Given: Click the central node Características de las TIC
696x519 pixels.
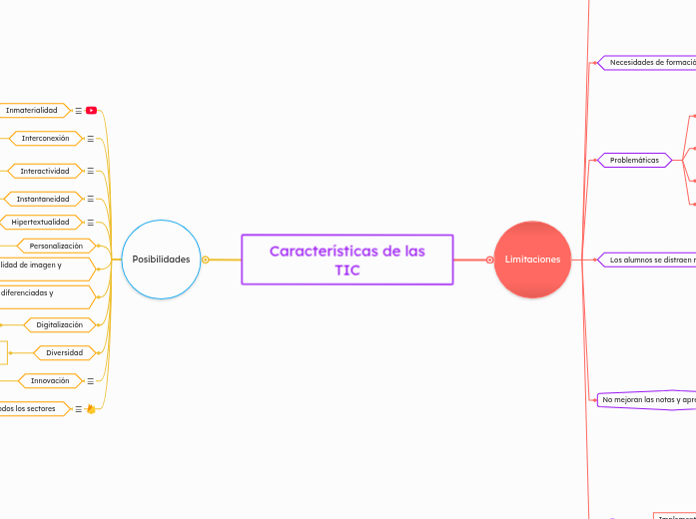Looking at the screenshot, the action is pyautogui.click(x=348, y=259).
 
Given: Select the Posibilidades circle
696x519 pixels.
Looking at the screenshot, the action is pyautogui.click(x=161, y=259).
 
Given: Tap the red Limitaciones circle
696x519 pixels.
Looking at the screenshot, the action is pyautogui.click(x=532, y=259).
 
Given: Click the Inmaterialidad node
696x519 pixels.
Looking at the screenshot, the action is pyautogui.click(x=32, y=110).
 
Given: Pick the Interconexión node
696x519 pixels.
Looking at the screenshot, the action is pyautogui.click(x=46, y=138).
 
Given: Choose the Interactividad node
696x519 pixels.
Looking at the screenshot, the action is pyautogui.click(x=45, y=171).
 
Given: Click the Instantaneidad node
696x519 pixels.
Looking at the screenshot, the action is pyautogui.click(x=43, y=199).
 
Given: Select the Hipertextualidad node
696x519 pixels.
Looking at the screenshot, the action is pyautogui.click(x=40, y=222).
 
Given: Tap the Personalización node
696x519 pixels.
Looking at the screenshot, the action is pyautogui.click(x=56, y=246).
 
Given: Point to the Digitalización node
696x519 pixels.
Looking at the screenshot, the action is pyautogui.click(x=60, y=324).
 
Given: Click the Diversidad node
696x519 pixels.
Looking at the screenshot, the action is pyautogui.click(x=65, y=352).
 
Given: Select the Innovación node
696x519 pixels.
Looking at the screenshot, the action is pyautogui.click(x=50, y=380).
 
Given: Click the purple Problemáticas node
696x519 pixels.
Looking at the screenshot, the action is pyautogui.click(x=634, y=160).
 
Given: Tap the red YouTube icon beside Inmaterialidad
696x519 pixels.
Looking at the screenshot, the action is pyautogui.click(x=91, y=110).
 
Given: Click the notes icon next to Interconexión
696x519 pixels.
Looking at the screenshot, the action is pyautogui.click(x=91, y=139).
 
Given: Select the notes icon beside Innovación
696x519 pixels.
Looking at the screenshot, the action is pyautogui.click(x=91, y=380).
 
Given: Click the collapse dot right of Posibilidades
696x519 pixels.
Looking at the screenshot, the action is pyautogui.click(x=206, y=259).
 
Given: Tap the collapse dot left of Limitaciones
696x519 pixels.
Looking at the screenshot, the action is pyautogui.click(x=490, y=259).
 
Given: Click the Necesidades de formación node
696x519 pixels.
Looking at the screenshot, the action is pyautogui.click(x=651, y=62).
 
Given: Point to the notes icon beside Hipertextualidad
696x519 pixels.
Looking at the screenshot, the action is pyautogui.click(x=91, y=222).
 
